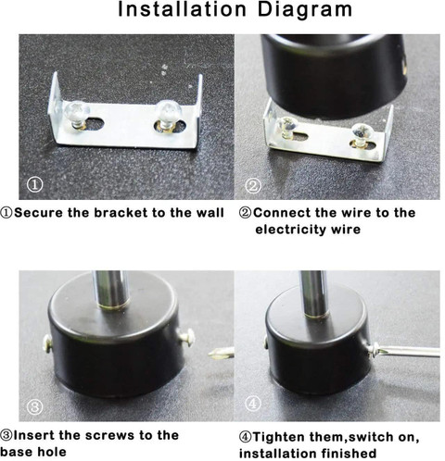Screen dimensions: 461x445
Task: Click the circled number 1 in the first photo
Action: tap(34, 185)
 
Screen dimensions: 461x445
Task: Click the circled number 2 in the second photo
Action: tap(253, 185)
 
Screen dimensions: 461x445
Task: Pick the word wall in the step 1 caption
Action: tap(209, 213)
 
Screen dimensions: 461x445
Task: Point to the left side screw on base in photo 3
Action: tap(45, 343)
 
